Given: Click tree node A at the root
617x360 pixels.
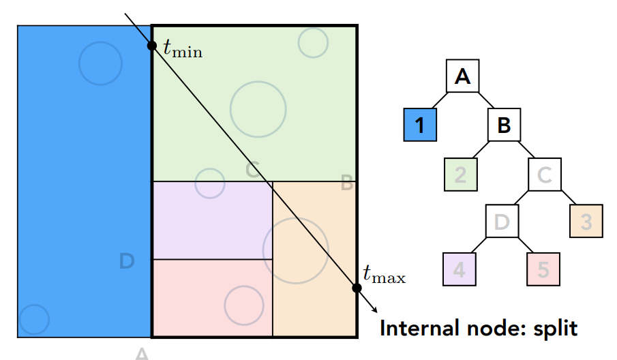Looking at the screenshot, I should pos(463,76).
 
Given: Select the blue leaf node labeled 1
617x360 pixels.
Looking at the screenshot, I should pos(420,125).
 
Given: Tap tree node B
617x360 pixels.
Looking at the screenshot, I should pos(504,125).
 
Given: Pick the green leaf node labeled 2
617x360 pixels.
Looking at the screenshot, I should pos(460,175).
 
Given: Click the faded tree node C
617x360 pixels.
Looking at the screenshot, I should pos(544,175).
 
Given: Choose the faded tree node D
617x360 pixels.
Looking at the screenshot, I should pos(502,222).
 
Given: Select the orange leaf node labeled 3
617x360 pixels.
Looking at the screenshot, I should pos(586,222).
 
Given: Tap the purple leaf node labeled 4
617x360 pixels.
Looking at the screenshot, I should pos(459,269).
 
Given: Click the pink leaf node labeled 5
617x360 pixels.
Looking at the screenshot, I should pos(543,269).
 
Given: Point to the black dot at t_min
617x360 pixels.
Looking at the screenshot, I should pos(152,46).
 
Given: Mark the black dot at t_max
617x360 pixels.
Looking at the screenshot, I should pos(357,288).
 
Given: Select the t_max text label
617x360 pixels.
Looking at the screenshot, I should pos(384,276).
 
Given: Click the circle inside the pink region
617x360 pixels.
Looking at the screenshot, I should pos(243,305).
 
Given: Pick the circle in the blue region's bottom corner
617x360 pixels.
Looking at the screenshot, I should pos(33,318).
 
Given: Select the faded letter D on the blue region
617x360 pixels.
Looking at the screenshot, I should pos(127,260).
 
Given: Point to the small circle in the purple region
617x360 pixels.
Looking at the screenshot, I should pos(209,183).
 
